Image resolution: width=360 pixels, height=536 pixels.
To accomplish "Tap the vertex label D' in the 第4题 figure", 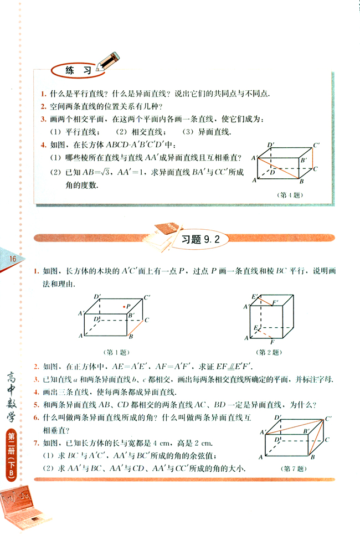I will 271,145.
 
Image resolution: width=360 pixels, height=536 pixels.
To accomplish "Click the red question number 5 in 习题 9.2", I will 36,405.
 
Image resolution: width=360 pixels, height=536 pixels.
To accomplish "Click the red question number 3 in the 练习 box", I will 43,119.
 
